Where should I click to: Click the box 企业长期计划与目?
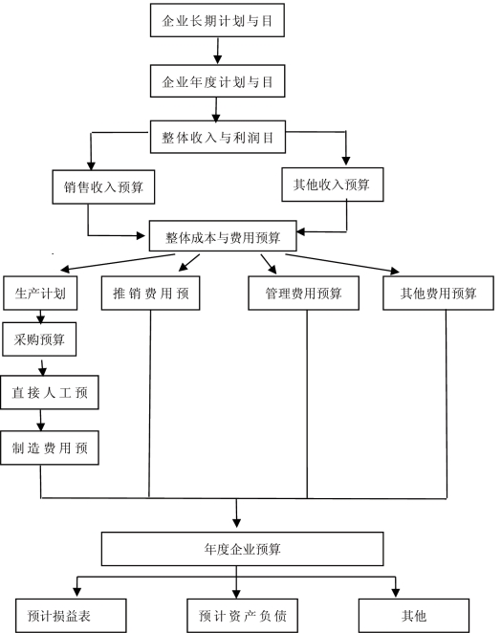coord(217,20)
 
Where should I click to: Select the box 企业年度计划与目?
coord(217,80)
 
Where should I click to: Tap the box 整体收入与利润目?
coord(218,137)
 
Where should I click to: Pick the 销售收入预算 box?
coord(103,186)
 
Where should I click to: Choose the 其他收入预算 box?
coord(333,185)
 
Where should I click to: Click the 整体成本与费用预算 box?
coord(223,236)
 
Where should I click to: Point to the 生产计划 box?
coord(40,294)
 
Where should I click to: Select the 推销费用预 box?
coord(150,294)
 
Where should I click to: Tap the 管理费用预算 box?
coord(303,294)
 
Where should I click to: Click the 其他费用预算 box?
coord(438,294)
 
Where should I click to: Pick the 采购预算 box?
coord(39,339)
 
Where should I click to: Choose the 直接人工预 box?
coord(50,392)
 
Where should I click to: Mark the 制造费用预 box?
coord(50,447)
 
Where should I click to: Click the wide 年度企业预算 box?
coord(242,549)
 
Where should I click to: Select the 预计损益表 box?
coord(71,615)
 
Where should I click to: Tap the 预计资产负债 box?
coord(242,615)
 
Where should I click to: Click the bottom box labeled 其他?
coord(414,615)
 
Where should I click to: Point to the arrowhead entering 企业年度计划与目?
coord(218,59)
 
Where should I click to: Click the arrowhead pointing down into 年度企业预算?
coord(236,523)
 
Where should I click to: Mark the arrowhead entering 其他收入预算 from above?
coord(345,161)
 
